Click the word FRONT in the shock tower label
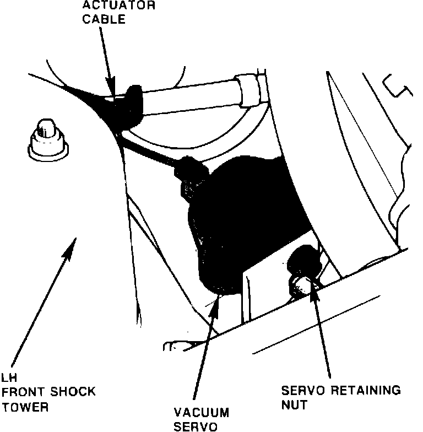23,392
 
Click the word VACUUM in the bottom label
201,412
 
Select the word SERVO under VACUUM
193,426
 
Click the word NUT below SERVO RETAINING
295,405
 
